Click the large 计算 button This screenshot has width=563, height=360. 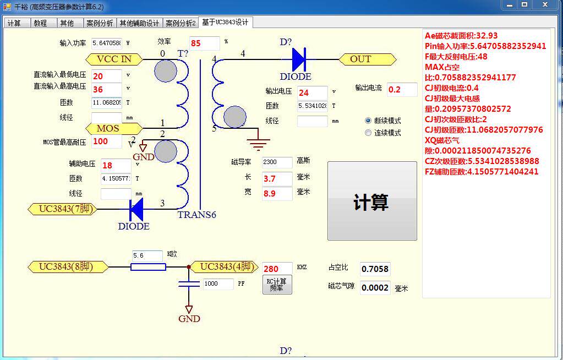[372, 201]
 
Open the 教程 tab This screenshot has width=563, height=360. [40, 23]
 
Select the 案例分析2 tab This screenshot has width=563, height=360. [181, 23]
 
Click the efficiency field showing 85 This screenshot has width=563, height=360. [204, 43]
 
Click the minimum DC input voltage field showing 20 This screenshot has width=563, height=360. [106, 76]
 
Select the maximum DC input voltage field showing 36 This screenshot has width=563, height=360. [106, 89]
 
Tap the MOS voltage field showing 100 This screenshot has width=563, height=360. [106, 141]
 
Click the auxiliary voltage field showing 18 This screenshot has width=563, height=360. [116, 165]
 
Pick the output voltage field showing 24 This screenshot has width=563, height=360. [312, 92]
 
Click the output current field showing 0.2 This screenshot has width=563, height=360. [402, 89]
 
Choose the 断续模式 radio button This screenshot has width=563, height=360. [368, 121]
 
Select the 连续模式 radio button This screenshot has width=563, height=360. [368, 133]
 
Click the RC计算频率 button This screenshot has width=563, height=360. [276, 285]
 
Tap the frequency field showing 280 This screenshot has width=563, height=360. [277, 269]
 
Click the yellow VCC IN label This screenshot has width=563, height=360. [114, 59]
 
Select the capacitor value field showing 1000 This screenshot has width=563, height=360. [218, 283]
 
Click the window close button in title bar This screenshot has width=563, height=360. [546, 5]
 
